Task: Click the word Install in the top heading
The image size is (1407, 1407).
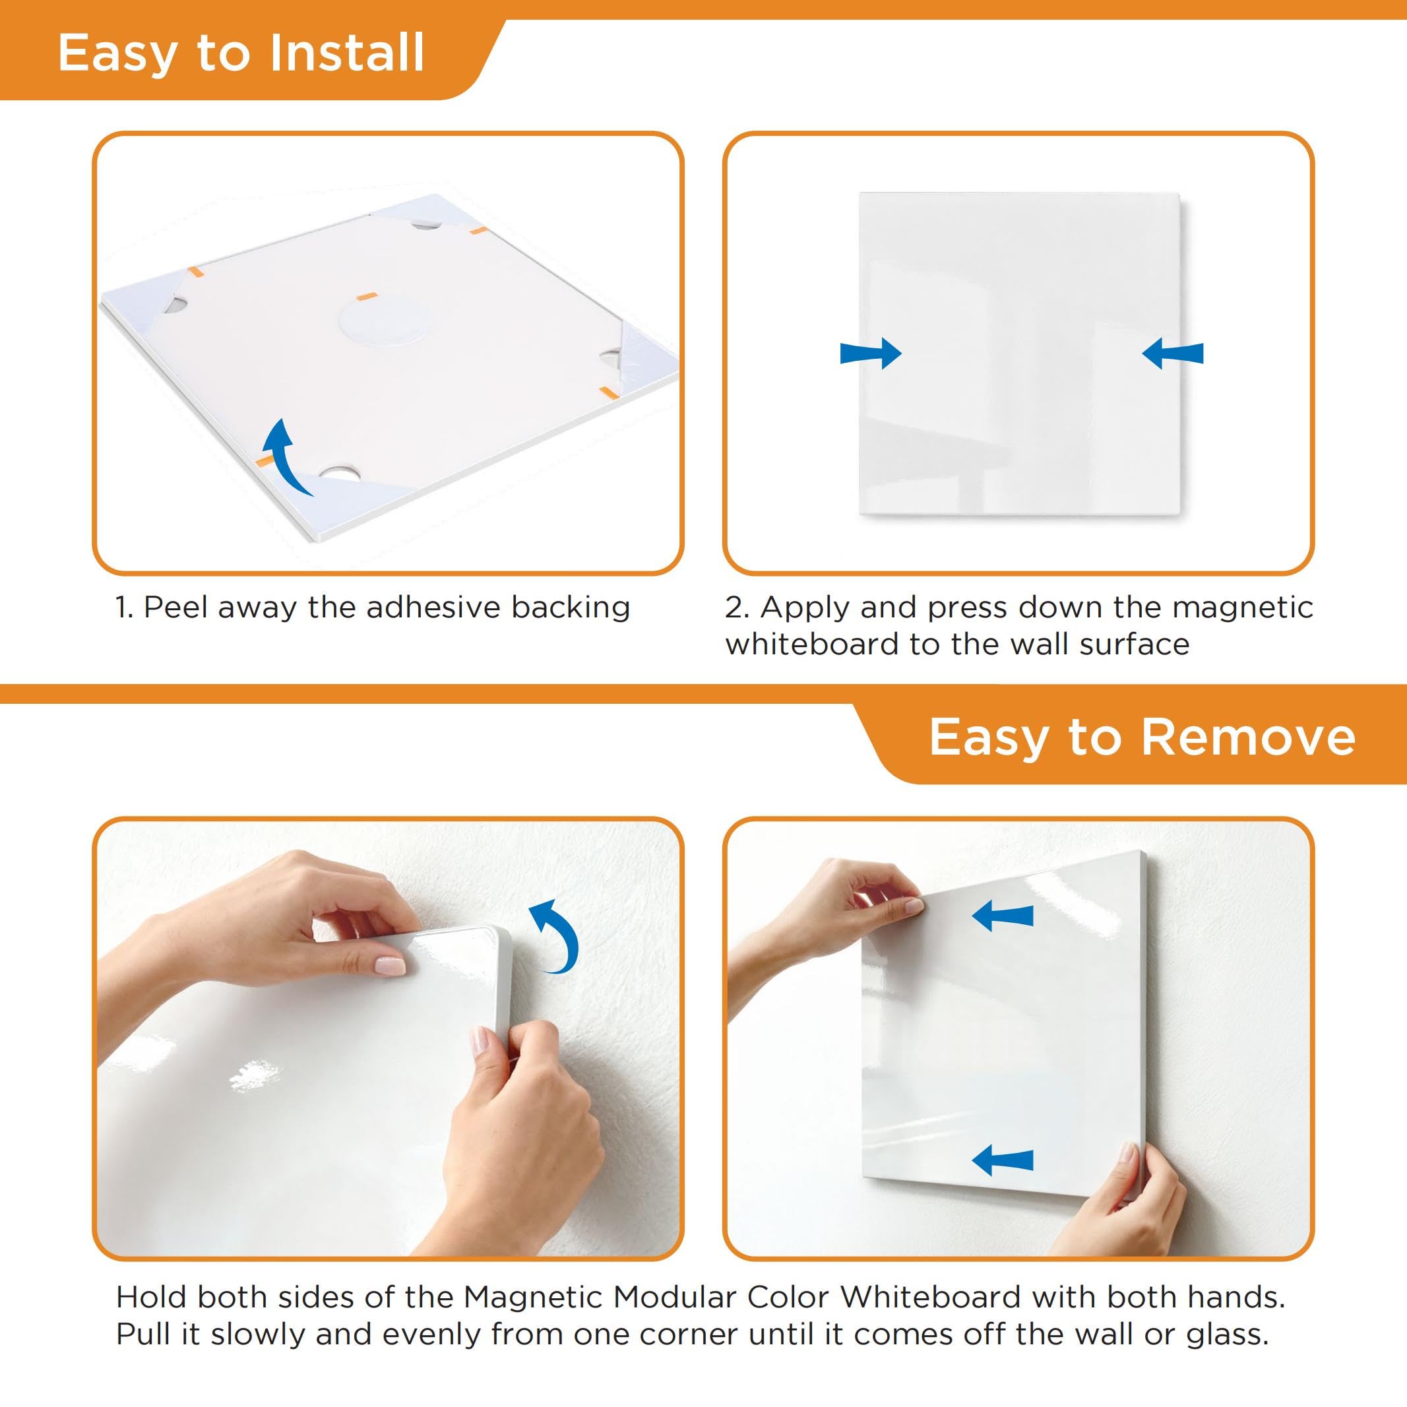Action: click(347, 53)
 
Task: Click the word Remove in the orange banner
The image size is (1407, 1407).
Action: click(1247, 737)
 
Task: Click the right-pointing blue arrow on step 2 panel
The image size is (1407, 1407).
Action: click(871, 353)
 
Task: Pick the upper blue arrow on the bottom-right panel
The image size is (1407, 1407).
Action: click(1003, 916)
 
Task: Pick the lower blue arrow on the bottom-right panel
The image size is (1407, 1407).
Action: click(1003, 1160)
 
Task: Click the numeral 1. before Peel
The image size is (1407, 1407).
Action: click(124, 608)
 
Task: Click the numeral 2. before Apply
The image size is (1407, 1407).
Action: click(737, 608)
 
